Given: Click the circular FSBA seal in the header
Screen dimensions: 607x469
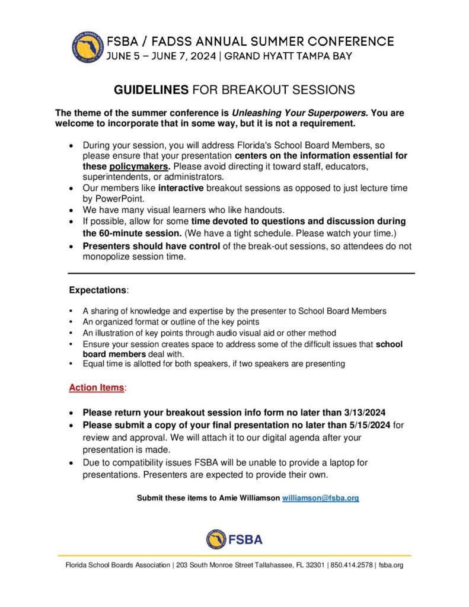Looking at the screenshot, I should pyautogui.click(x=88, y=47).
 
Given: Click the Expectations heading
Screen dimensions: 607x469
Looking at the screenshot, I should pyautogui.click(x=98, y=290).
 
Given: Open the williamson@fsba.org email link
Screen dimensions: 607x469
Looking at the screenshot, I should pyautogui.click(x=320, y=498).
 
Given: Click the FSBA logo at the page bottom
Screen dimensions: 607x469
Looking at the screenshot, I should pyautogui.click(x=234, y=539).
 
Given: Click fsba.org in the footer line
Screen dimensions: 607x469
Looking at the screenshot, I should pyautogui.click(x=391, y=566).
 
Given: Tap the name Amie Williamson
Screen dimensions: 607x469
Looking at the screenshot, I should pyautogui.click(x=248, y=498).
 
